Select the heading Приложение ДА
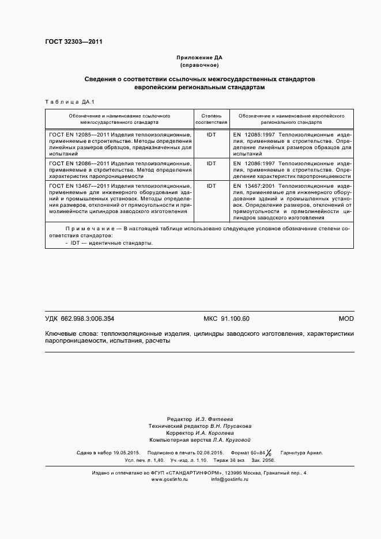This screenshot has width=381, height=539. [x=199, y=58]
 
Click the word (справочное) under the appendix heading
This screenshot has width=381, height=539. [x=199, y=66]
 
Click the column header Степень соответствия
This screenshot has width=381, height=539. [x=211, y=119]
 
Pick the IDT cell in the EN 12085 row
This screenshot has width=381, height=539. [x=211, y=134]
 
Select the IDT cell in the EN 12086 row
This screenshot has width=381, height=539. [x=211, y=163]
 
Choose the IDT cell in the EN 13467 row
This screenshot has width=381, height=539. [x=211, y=186]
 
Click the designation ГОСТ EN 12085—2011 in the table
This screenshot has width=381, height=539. [x=77, y=134]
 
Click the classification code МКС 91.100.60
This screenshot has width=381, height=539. [x=227, y=318]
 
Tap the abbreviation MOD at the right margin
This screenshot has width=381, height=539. [x=346, y=318]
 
